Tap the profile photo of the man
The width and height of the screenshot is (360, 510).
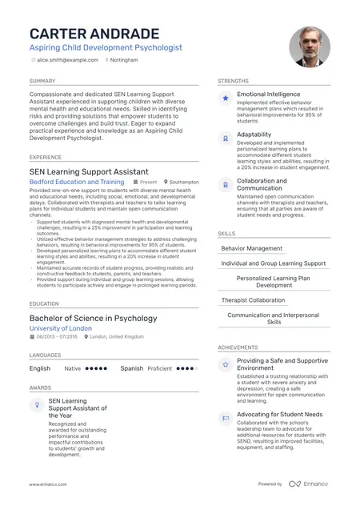pos(310,46)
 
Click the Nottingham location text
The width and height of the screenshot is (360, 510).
pos(125,60)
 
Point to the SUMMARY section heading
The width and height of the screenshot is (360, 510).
pos(42,81)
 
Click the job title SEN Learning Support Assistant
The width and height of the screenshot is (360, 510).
pos(89,171)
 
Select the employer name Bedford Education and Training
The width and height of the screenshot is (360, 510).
pos(77,183)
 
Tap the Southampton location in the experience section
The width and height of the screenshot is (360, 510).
pos(184,183)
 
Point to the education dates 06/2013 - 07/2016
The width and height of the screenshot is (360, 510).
pos(58,337)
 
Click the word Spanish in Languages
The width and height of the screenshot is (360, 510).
pos(132,369)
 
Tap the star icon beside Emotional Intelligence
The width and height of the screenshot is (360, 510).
pos(226,98)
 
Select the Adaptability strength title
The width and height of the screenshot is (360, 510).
pos(254,135)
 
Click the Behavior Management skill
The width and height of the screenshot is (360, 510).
pos(251,249)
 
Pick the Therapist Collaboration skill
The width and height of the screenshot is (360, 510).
pos(253,300)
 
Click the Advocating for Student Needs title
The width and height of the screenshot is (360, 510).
pos(280,415)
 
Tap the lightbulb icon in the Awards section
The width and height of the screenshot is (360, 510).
pos(37,405)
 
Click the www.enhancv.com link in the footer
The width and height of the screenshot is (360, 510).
pos(48,484)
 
